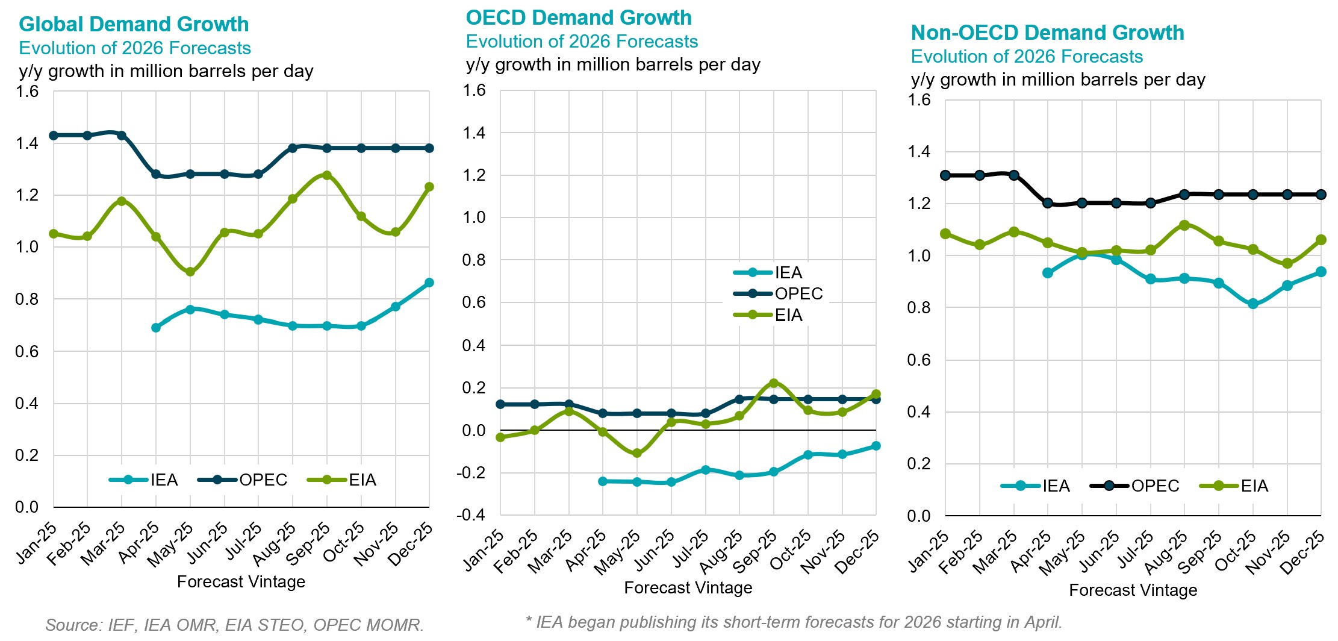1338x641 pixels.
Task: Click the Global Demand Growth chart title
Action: tap(134, 24)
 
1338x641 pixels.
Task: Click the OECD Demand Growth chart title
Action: tap(578, 17)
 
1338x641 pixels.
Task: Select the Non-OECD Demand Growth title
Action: tap(1047, 33)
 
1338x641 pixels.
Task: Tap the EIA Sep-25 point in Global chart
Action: tap(327, 175)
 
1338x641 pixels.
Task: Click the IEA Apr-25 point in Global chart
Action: tap(156, 328)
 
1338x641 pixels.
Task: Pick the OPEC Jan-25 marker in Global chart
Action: tap(54, 136)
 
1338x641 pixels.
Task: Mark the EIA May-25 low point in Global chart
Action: tap(190, 272)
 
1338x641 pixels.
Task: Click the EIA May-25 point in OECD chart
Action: tap(637, 453)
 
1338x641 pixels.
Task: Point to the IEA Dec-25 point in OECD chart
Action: tap(876, 446)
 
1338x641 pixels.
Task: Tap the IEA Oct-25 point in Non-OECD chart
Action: tap(1253, 304)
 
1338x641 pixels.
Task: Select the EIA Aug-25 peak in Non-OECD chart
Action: tap(1184, 225)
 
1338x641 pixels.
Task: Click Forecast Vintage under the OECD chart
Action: tap(688, 588)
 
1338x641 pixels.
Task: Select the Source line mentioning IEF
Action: tap(234, 625)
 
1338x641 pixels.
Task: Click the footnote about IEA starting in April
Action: tap(794, 622)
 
